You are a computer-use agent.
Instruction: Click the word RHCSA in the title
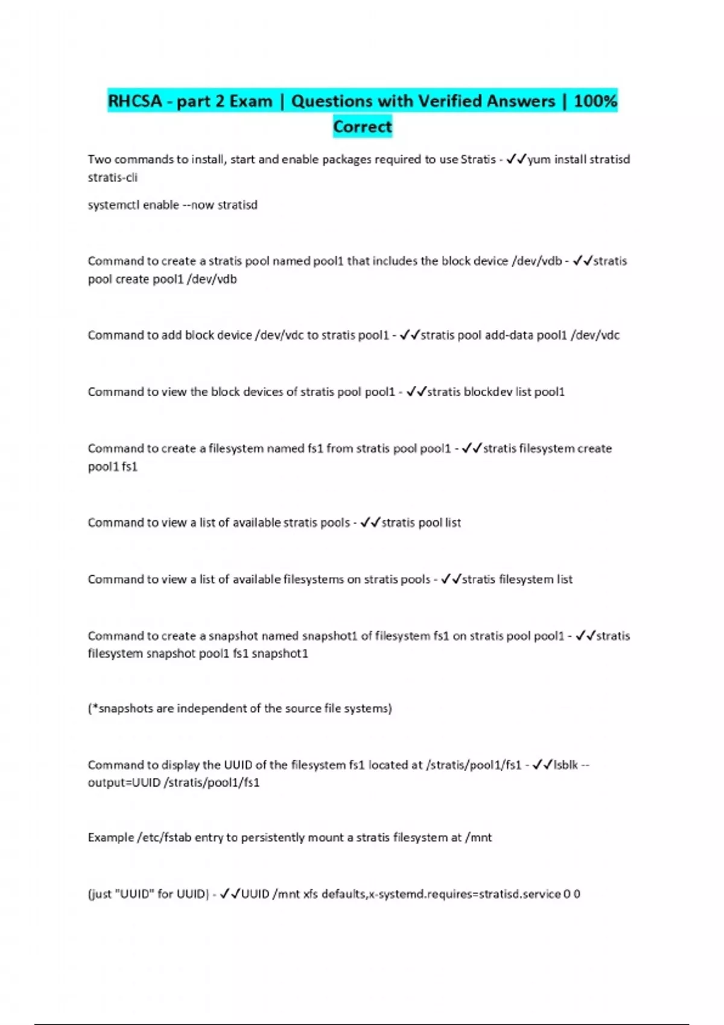click(x=135, y=101)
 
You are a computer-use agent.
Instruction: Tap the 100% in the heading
click(x=595, y=101)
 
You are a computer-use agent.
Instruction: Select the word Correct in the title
click(x=363, y=127)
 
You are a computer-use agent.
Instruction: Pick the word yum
click(x=539, y=159)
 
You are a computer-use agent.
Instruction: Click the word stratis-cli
click(x=113, y=177)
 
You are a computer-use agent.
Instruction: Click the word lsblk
click(x=566, y=765)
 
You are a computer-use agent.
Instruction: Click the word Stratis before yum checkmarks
click(x=478, y=159)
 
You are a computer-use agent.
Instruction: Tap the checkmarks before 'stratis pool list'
click(x=370, y=523)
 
